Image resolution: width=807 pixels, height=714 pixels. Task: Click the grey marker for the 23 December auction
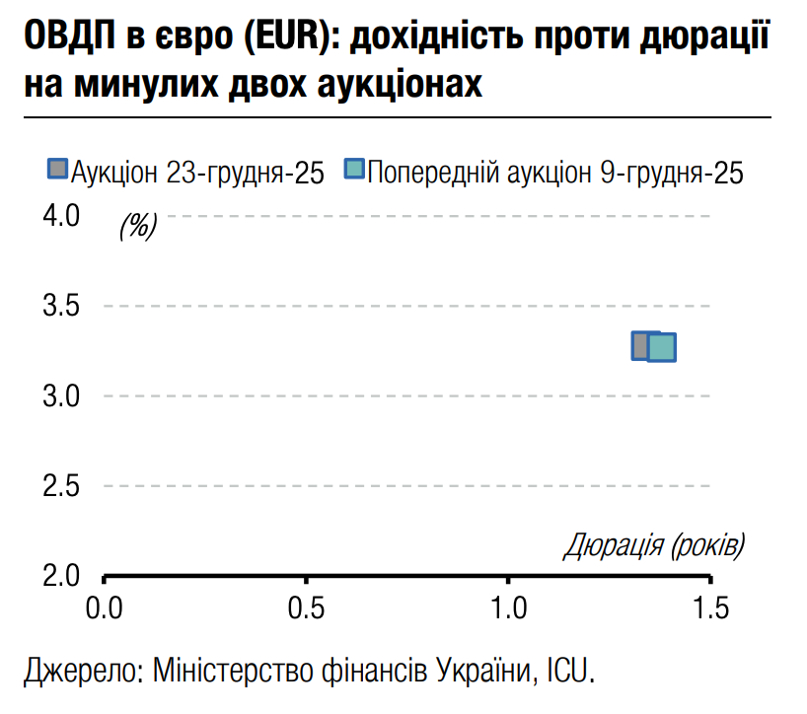click(x=641, y=345)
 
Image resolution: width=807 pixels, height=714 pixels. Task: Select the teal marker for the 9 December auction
click(x=663, y=347)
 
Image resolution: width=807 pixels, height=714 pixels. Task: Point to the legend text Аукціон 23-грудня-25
click(x=197, y=173)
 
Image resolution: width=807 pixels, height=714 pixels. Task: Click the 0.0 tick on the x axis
click(x=105, y=607)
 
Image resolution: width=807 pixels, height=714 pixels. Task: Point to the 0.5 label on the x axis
click(x=307, y=607)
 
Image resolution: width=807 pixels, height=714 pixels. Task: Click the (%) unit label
click(x=138, y=227)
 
